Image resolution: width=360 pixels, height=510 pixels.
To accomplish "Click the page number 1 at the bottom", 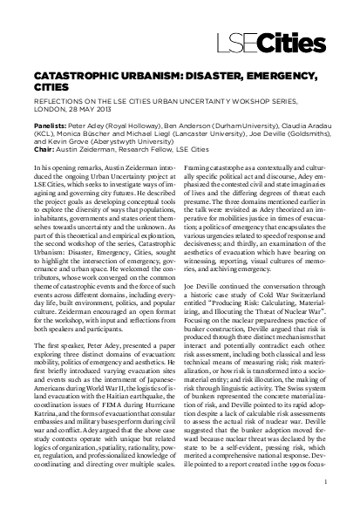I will pos(324,479).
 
